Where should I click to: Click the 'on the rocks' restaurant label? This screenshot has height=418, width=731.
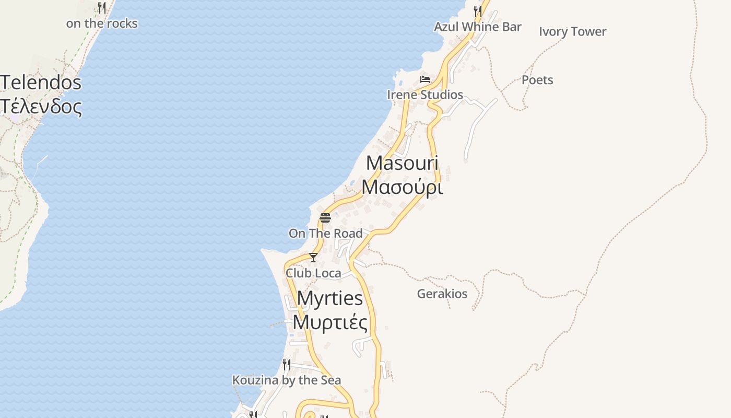click(102, 24)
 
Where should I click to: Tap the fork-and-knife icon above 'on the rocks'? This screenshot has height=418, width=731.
click(102, 7)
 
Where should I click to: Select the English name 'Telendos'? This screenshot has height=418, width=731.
click(41, 83)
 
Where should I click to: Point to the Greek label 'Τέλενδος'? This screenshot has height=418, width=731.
click(41, 107)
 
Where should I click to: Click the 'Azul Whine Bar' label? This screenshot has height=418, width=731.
click(478, 27)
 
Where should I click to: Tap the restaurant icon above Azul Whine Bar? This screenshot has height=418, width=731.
click(478, 10)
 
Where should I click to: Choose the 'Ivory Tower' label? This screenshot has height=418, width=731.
click(572, 31)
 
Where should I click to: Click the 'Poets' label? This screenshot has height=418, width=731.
click(537, 80)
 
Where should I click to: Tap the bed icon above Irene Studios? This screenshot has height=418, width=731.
click(425, 79)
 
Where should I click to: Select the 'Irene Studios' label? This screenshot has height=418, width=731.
click(425, 95)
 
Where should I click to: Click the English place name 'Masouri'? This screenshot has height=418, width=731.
click(402, 163)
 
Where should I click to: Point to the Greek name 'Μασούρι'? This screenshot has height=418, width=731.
click(402, 187)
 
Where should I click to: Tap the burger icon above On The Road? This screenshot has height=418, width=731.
click(325, 217)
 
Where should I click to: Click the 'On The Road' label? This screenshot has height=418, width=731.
click(325, 233)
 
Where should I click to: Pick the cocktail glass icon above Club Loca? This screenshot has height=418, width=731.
click(313, 257)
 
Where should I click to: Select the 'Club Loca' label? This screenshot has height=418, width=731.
click(313, 273)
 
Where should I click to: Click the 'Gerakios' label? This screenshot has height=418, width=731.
click(442, 294)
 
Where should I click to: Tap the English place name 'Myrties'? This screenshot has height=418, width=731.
click(330, 298)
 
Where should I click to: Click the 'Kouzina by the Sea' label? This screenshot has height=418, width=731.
click(287, 380)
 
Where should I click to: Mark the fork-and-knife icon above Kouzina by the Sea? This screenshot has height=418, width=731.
click(287, 364)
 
